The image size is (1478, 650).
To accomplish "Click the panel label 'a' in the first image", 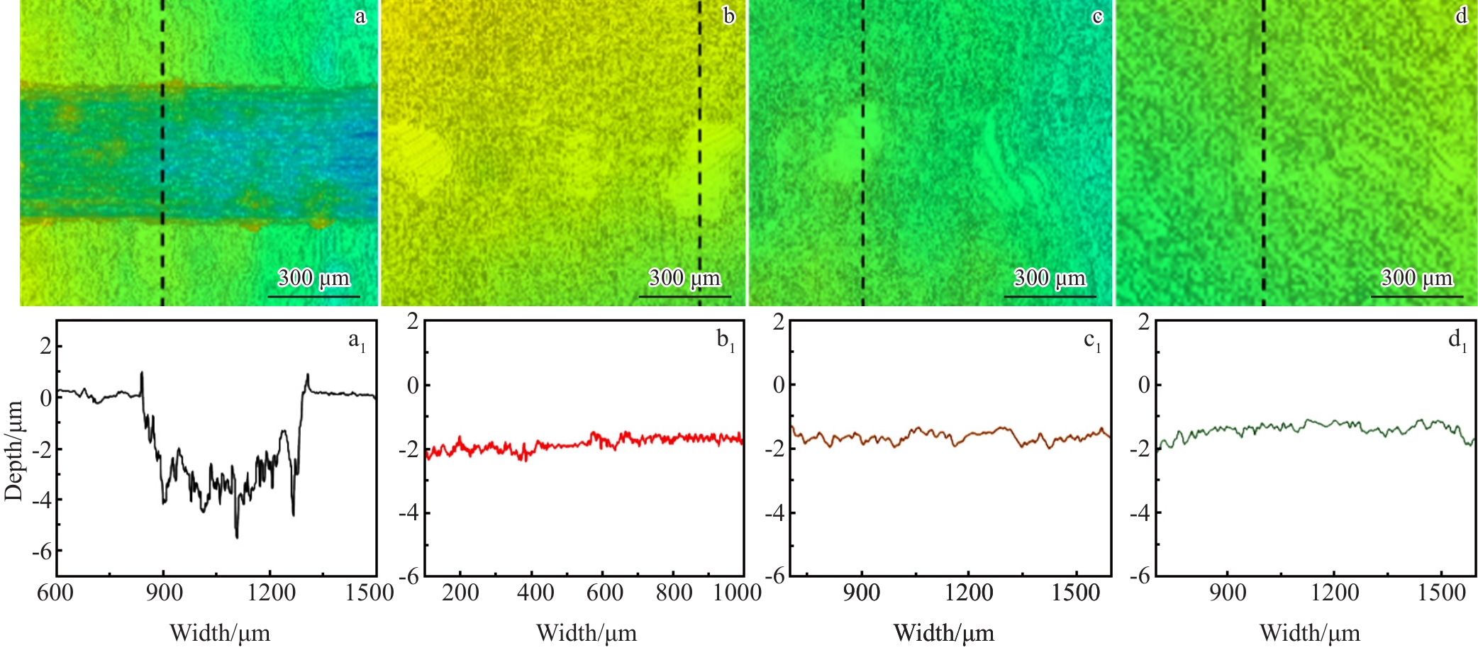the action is tap(360, 16).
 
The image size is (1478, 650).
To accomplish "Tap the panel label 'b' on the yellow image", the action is tap(728, 15).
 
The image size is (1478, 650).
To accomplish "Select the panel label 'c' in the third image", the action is tap(1097, 16).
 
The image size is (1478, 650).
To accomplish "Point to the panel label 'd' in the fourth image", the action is tap(1462, 15).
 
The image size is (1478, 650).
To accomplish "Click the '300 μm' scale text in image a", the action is tap(313, 277).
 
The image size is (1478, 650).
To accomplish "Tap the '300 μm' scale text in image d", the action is tap(1417, 277).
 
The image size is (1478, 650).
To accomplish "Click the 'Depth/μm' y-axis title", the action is tap(13, 450).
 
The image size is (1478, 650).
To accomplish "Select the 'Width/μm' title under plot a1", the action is tap(220, 632).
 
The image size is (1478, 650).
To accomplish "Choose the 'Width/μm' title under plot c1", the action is tap(944, 632).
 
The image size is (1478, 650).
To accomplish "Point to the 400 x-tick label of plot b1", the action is tap(536, 592).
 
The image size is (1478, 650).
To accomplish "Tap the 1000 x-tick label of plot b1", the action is tap(738, 592).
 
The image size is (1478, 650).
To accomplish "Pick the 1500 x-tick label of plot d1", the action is tap(1441, 592).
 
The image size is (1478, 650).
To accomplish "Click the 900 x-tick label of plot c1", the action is tap(862, 592).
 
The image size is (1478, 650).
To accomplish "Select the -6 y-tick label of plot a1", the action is tap(42, 551).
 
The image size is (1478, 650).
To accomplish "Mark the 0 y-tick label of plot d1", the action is tap(1144, 385).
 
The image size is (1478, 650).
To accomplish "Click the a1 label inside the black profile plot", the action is tap(357, 342).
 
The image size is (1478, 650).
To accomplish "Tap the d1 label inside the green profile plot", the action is tap(1457, 340).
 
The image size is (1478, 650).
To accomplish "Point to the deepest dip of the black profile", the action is tap(237, 537).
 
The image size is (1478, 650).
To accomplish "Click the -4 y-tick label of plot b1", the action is tap(409, 512).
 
